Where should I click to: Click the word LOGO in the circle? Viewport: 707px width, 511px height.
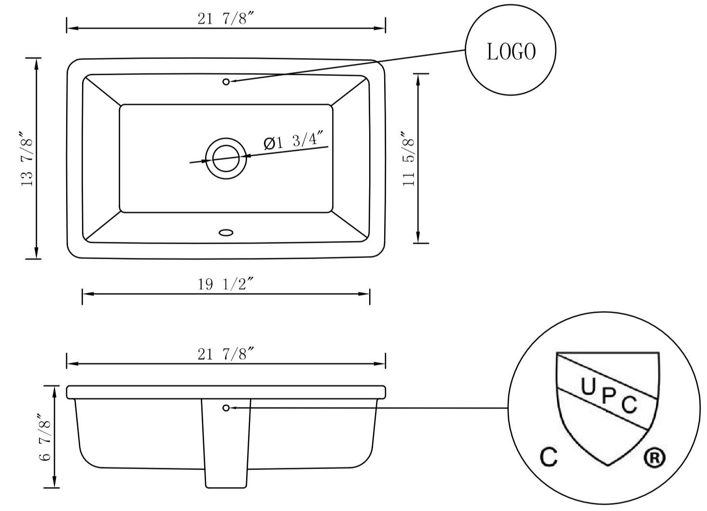point(511,52)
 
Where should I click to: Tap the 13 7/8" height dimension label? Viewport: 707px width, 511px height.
point(27,159)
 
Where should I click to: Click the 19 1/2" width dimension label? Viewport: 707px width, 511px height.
point(225,284)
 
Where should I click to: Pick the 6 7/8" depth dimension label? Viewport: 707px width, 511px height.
point(45,437)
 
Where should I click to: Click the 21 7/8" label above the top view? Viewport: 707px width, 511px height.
point(225,18)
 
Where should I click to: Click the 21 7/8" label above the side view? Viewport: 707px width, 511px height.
point(225,354)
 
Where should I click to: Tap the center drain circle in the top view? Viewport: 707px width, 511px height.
point(226,158)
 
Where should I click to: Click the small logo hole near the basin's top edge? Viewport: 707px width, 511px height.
point(226,82)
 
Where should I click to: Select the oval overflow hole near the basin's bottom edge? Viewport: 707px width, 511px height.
point(226,233)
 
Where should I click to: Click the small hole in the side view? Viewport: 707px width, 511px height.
point(226,408)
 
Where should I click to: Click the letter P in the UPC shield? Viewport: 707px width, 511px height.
point(608,397)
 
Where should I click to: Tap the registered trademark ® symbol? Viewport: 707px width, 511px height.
point(654,457)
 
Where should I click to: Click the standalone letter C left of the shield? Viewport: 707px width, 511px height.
point(548,456)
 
